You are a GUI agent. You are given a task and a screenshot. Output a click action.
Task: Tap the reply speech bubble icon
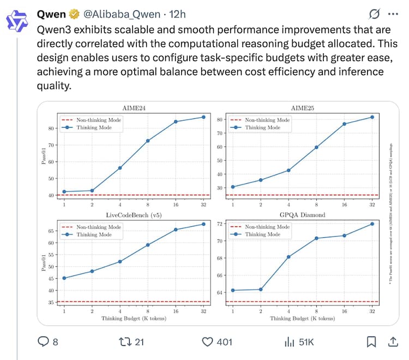43,342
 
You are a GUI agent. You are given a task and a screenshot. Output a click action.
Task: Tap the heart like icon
207,342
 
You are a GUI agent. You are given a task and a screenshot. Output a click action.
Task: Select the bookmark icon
371,342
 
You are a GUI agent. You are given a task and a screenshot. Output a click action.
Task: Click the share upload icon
392,341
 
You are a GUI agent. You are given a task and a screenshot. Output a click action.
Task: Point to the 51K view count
306,342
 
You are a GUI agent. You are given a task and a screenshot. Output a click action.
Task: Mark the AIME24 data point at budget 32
203,117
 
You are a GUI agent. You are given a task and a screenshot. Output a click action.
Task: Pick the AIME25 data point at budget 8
316,147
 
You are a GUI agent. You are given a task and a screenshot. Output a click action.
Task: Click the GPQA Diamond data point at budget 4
288,257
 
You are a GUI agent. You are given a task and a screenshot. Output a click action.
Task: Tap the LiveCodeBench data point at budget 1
64,278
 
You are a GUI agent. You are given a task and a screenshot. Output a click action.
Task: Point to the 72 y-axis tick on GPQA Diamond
220,224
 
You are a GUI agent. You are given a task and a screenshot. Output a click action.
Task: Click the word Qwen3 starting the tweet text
51,31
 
